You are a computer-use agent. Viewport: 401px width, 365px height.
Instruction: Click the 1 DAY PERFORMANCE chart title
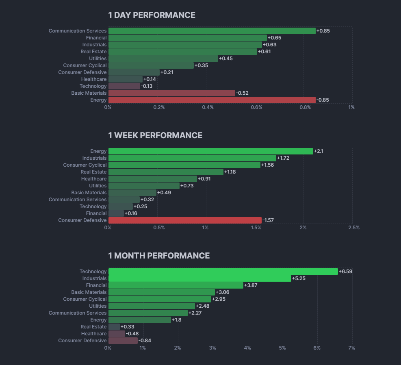tap(152, 15)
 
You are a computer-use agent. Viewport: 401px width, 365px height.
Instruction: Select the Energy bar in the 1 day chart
tap(212, 100)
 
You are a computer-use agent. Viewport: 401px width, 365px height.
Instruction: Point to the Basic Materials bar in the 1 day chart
tap(171, 93)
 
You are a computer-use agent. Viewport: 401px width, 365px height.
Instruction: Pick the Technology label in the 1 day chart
tap(93, 86)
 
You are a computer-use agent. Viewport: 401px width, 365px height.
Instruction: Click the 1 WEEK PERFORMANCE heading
tap(155, 135)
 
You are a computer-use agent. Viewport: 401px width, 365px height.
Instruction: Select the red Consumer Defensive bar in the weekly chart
tap(185, 220)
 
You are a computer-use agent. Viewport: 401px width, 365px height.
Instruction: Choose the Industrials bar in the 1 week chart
tap(192, 158)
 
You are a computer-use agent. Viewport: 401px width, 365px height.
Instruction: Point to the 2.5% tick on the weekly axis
tap(354, 228)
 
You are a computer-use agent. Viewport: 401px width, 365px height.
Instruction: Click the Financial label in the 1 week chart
tap(96, 213)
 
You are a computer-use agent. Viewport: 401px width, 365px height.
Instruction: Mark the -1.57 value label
tap(268, 220)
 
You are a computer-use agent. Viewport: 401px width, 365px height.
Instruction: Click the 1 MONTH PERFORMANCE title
tap(159, 256)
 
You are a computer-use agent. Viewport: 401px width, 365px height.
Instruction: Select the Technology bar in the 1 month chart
tap(223, 272)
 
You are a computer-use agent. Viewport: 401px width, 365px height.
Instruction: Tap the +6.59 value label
tap(345, 272)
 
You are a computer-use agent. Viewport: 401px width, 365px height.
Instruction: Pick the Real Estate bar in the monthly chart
tap(114, 327)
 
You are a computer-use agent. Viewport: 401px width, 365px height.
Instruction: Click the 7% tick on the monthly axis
tap(352, 348)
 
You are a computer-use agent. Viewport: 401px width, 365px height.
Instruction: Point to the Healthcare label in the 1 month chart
tap(94, 334)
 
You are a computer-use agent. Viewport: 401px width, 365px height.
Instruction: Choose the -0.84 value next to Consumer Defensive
tap(145, 341)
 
